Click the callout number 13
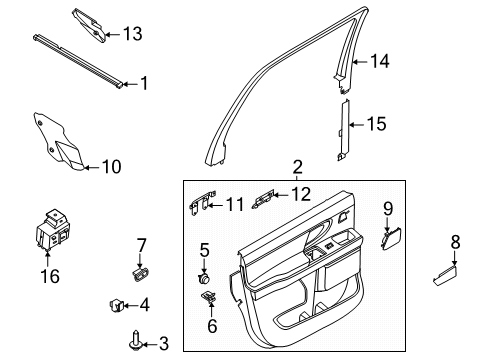pos(132,34)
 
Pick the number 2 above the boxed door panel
pos(297,167)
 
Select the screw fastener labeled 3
pos(133,341)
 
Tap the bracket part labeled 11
pos(200,205)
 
